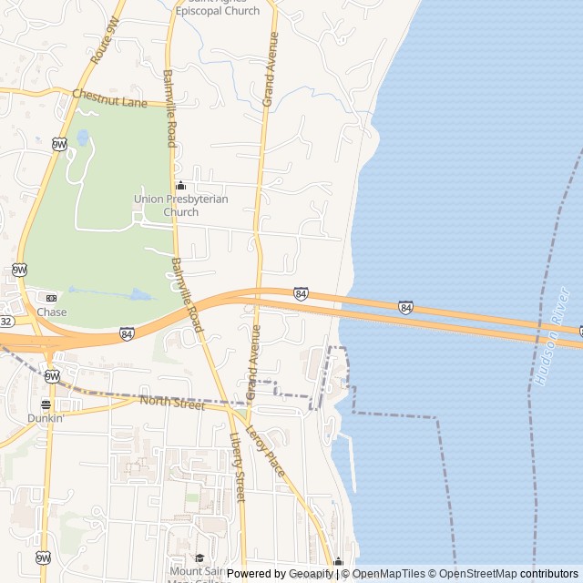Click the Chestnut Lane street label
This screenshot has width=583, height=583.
tap(109, 97)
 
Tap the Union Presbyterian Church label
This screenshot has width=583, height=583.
tap(180, 205)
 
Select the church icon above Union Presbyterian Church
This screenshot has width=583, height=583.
tap(180, 186)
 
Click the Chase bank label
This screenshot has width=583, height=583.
tap(52, 312)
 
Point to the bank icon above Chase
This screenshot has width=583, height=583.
tap(51, 298)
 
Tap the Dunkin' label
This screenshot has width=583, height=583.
tap(45, 418)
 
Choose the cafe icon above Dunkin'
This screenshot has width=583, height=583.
tap(46, 404)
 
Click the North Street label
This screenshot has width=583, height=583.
tap(172, 403)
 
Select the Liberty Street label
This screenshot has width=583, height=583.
tap(238, 465)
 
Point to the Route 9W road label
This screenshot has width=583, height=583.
tap(107, 43)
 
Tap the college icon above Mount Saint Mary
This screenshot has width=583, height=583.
tap(199, 558)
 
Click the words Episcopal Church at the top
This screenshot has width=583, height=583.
tap(217, 11)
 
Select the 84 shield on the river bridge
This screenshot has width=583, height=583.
tap(405, 308)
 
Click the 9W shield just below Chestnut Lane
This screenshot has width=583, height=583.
tap(59, 144)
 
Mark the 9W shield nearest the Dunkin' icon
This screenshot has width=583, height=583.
tap(52, 375)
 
